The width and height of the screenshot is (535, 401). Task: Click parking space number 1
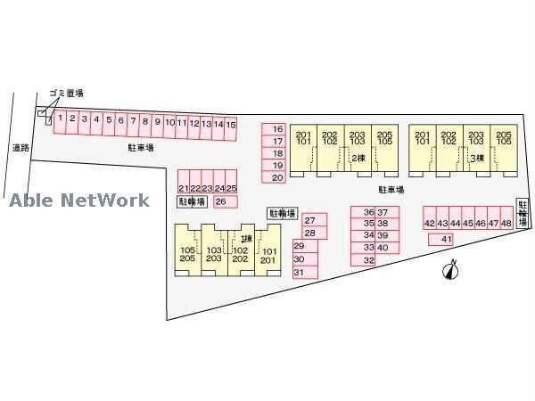tap(60, 117)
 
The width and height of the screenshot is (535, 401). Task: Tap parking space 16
tap(277, 129)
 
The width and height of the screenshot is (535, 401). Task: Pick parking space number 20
tap(277, 178)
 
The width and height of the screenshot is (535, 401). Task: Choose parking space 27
tap(309, 219)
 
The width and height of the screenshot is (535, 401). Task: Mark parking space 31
tap(299, 272)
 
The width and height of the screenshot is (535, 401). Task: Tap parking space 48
tap(507, 223)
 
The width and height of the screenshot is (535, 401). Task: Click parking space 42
tap(429, 223)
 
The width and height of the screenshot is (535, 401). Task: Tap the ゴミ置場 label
tap(67, 93)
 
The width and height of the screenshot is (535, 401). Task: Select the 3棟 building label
tap(477, 158)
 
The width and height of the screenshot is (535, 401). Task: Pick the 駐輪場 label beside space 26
tap(191, 202)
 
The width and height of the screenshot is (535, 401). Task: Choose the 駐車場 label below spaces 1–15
tap(141, 147)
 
